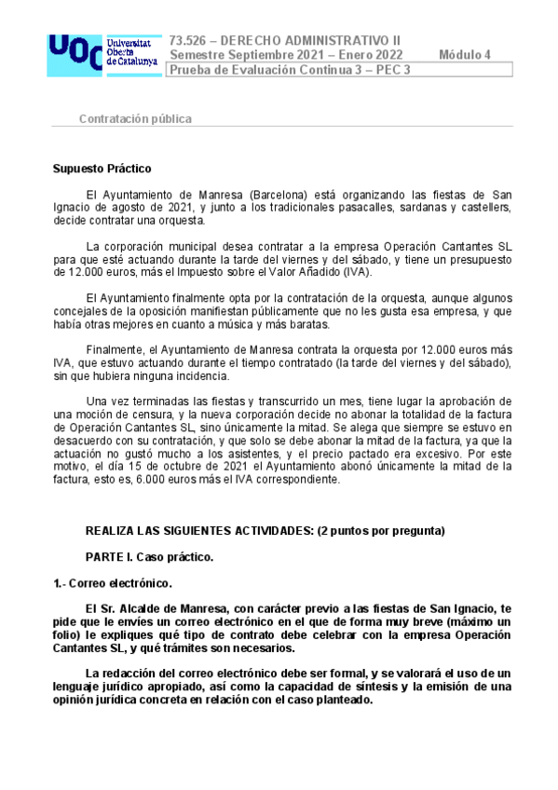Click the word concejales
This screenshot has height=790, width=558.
coord(81,310)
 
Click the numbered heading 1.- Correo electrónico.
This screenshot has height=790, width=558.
coord(112,583)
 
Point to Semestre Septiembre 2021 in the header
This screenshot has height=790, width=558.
coord(246,54)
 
